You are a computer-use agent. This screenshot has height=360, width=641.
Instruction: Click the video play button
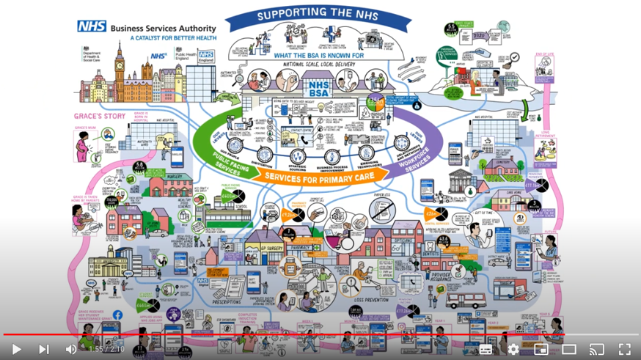[x=16, y=349]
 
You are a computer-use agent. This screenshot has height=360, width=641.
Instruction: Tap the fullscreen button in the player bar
[x=624, y=349]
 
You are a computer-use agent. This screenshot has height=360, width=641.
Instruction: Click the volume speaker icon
[x=71, y=349]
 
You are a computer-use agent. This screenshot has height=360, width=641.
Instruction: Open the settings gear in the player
[x=513, y=349]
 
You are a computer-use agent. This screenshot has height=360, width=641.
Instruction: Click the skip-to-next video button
[x=44, y=349]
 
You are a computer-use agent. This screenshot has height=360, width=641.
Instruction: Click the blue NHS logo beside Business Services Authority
[x=92, y=26]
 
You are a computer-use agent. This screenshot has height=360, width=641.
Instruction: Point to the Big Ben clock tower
[x=120, y=70]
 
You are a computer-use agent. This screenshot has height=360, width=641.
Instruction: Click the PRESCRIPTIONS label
[x=226, y=301]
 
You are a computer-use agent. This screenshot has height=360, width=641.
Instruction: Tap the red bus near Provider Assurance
[x=465, y=299]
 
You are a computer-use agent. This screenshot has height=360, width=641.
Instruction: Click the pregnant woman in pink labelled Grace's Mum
[x=83, y=146]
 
